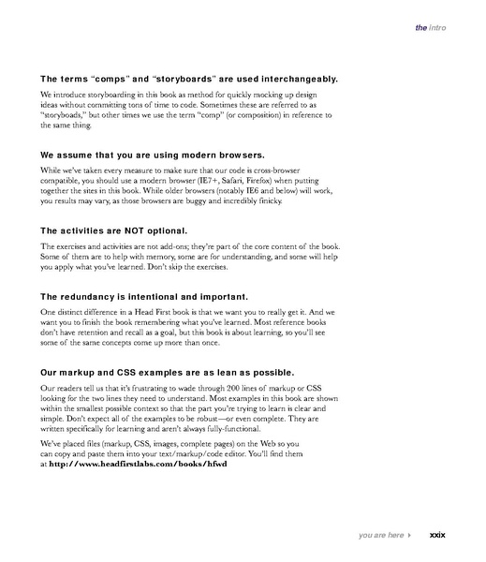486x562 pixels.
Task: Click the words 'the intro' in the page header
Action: pyautogui.click(x=430, y=28)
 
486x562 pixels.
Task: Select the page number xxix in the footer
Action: pyautogui.click(x=436, y=535)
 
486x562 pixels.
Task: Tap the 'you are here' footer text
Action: pyautogui.click(x=380, y=535)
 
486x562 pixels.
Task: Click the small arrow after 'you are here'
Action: pyautogui.click(x=409, y=535)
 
